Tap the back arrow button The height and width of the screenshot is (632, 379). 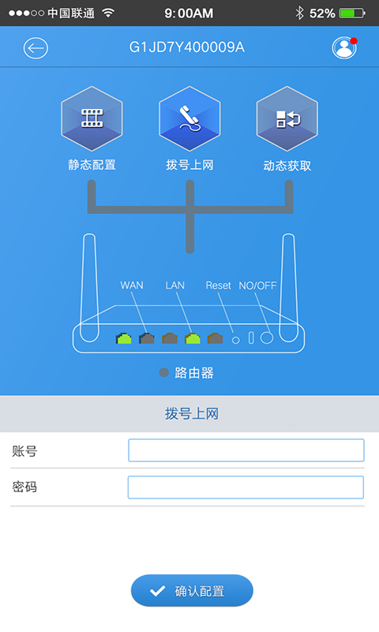pos(36,48)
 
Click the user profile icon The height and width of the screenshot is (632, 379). pos(344,48)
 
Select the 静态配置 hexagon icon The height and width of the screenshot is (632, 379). pos(92,118)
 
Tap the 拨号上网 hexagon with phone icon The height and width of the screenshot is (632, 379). pos(189,118)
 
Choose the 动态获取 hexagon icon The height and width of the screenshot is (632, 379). pos(287,118)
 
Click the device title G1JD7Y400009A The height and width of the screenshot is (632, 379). pos(187,47)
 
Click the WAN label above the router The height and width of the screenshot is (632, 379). pos(132,285)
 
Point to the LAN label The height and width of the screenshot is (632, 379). pos(174,285)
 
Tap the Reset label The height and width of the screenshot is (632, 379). pos(218,285)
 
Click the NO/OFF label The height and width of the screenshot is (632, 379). pos(257,286)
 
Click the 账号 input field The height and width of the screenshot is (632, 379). pos(246,450)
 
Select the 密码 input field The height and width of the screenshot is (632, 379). pos(246,487)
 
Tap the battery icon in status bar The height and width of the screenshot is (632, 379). pos(352,13)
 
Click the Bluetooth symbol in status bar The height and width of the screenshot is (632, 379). pos(299,13)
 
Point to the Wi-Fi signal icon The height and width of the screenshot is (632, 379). pos(107,13)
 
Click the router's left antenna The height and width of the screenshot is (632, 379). pos(89,288)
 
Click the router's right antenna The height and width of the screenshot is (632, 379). pos(288,288)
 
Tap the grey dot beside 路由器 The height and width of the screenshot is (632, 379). pos(164,373)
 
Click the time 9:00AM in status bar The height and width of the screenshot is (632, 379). pos(189,13)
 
